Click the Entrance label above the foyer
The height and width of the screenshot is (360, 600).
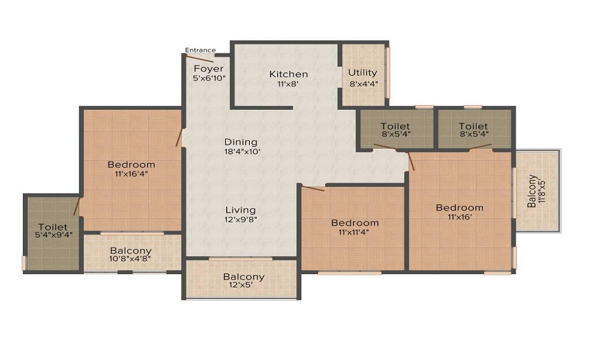[200, 50]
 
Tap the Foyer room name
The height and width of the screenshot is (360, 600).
[209, 69]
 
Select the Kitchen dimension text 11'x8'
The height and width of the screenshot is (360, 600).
[288, 84]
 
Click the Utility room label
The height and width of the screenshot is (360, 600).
[363, 73]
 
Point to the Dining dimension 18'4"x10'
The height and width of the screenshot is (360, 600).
[242, 151]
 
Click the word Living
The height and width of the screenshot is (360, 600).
[241, 210]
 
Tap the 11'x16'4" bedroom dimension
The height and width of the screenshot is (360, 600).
[131, 174]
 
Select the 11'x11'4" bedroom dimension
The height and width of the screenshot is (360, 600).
[353, 232]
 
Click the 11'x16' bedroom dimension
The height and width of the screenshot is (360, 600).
[459, 217]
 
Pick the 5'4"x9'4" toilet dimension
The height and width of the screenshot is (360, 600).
[53, 235]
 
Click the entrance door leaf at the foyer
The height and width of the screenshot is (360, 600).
[199, 59]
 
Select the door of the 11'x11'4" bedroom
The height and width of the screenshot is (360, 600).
[313, 188]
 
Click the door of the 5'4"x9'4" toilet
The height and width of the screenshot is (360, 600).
[77, 206]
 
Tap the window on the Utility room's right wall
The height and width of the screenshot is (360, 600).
[387, 73]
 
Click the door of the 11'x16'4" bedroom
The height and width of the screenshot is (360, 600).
[178, 138]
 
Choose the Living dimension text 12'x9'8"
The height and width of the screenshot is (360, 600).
[241, 220]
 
